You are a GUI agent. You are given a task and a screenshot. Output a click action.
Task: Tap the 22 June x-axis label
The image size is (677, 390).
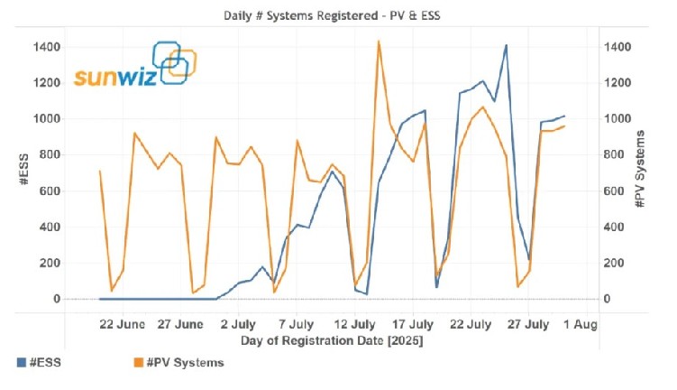[x=123, y=322]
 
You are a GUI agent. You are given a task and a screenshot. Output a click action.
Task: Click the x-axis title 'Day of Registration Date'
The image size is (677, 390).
[x=332, y=341]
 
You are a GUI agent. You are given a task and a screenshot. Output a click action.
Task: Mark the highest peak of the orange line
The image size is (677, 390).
[x=379, y=41]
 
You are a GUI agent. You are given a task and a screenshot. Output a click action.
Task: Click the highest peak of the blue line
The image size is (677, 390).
[x=506, y=45]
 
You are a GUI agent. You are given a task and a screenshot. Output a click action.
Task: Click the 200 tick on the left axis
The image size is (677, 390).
[x=50, y=263]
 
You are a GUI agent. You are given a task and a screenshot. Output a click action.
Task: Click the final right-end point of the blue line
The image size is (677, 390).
[x=564, y=116]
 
